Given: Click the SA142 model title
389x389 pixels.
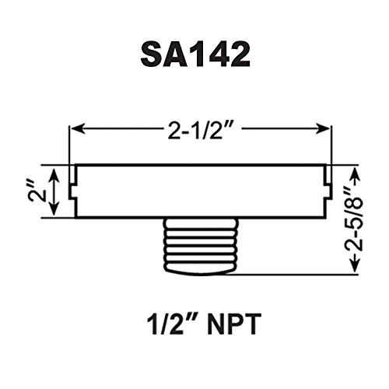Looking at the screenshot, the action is click(195, 54).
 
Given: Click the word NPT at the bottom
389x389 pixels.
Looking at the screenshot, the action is click(233, 324).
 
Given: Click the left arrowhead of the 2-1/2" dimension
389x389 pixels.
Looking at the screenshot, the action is click(78, 129).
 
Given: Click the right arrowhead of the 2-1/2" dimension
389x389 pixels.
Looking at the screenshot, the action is click(323, 129).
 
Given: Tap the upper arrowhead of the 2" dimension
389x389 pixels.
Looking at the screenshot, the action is click(54, 173).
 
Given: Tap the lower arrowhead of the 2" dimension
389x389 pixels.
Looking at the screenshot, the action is click(54, 209).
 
